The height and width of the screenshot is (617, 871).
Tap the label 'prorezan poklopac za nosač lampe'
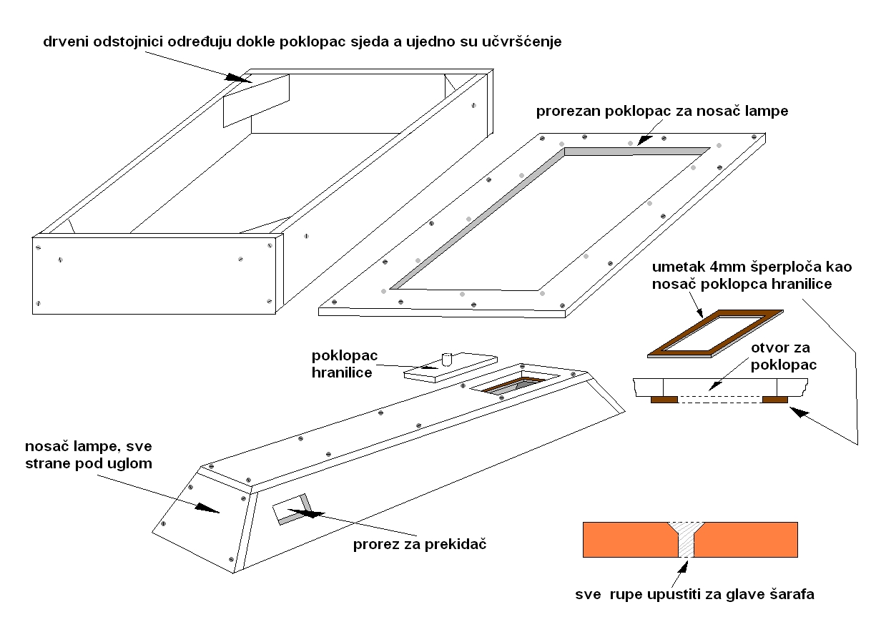(662, 112)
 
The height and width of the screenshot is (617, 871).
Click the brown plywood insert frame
(715, 332)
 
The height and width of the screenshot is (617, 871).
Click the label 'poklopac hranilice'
(342, 364)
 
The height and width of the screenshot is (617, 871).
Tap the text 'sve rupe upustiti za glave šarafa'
(695, 594)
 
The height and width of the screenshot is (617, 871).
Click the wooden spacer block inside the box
(256, 101)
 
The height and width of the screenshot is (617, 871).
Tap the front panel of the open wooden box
(153, 275)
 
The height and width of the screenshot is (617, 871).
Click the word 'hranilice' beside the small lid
(342, 372)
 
